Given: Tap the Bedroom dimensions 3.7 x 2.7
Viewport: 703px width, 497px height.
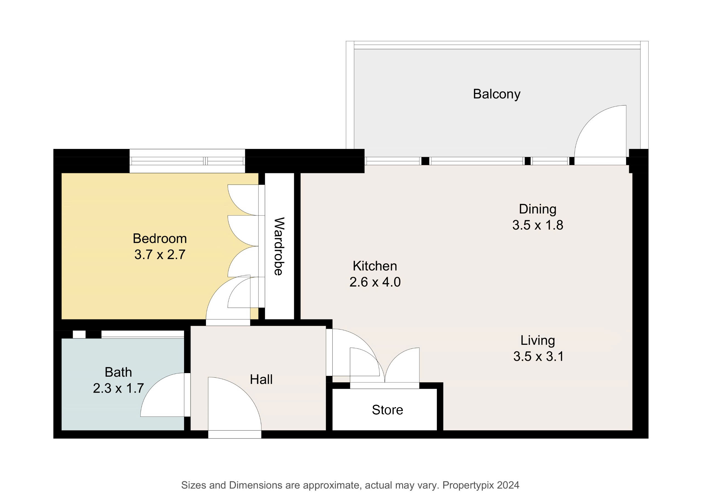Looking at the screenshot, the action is coord(160,255).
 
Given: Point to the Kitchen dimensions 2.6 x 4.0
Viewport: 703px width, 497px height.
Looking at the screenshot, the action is coord(375,282).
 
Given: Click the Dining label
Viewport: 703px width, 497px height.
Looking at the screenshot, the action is coord(538,209).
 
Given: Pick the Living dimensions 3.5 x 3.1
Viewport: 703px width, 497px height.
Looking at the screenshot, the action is coord(539,357).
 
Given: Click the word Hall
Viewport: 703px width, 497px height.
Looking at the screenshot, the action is coord(261,380).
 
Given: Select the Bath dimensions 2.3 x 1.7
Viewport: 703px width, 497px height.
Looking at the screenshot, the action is coord(118,388).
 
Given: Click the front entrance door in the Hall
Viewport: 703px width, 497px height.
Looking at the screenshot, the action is coord(235,404).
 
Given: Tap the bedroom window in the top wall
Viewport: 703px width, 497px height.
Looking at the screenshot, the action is coord(187,161).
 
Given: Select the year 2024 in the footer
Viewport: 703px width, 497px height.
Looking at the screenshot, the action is coord(508,485).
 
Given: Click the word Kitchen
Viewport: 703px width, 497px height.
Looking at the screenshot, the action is coord(375,266).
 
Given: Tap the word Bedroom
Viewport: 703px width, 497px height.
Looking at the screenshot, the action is coord(160,239).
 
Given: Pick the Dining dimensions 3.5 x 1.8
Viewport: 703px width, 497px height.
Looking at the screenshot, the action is coord(538,225).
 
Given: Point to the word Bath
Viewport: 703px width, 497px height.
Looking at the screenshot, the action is coord(118,373).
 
